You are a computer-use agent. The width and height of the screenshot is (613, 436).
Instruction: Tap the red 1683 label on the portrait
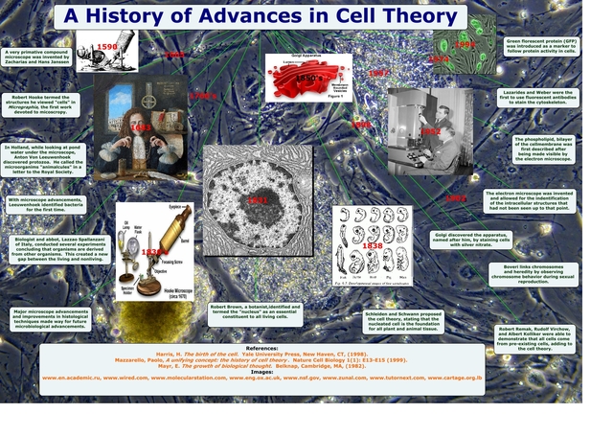(140, 126)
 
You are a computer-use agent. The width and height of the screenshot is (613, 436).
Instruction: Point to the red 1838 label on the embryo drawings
(372, 246)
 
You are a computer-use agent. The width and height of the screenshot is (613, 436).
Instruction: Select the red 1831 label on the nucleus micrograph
(257, 200)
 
